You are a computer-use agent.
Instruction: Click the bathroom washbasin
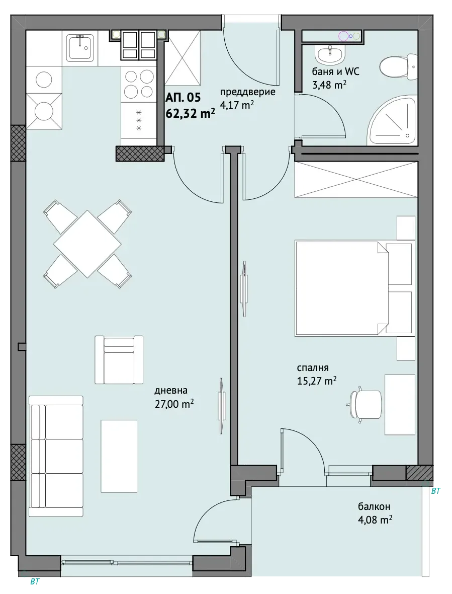click(330, 55)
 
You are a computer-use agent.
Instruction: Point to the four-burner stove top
click(139, 84)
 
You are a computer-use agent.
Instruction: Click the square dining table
click(87, 244)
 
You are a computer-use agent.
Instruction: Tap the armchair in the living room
click(119, 360)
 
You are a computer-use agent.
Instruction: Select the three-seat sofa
click(56, 456)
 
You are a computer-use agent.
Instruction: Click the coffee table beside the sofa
click(119, 456)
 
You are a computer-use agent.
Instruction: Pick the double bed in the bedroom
click(353, 288)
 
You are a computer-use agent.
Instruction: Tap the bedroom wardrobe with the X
click(356, 179)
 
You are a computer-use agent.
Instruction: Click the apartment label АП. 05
click(183, 98)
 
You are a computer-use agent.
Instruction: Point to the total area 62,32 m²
click(191, 113)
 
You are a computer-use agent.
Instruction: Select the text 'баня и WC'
click(335, 71)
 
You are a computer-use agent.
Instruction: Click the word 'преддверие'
click(248, 92)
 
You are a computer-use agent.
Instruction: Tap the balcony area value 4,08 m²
click(375, 519)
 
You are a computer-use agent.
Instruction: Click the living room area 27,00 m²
click(174, 404)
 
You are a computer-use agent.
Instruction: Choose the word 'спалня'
click(313, 367)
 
